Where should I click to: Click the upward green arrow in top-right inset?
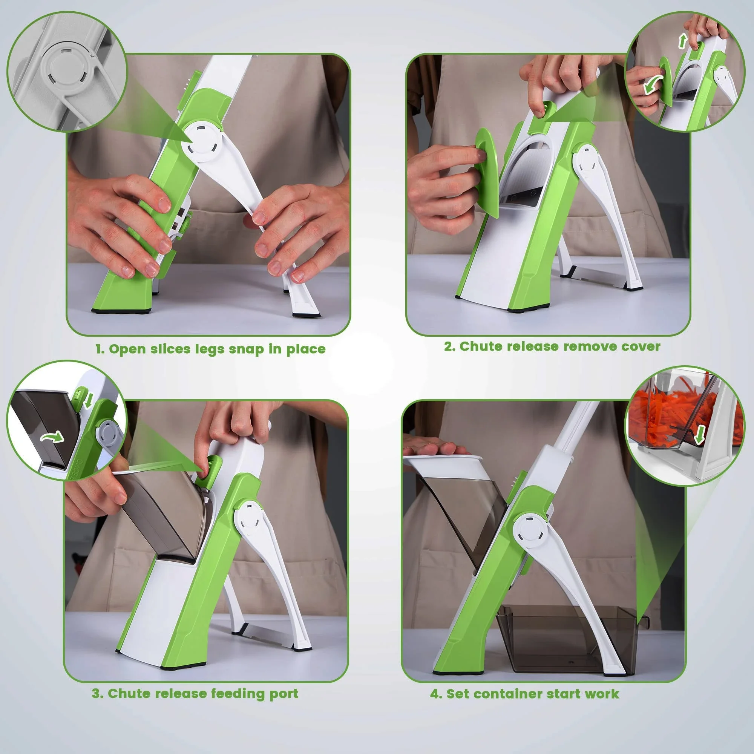click(682, 41)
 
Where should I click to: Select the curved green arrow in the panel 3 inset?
click(52, 437)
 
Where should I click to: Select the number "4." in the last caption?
click(436, 694)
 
